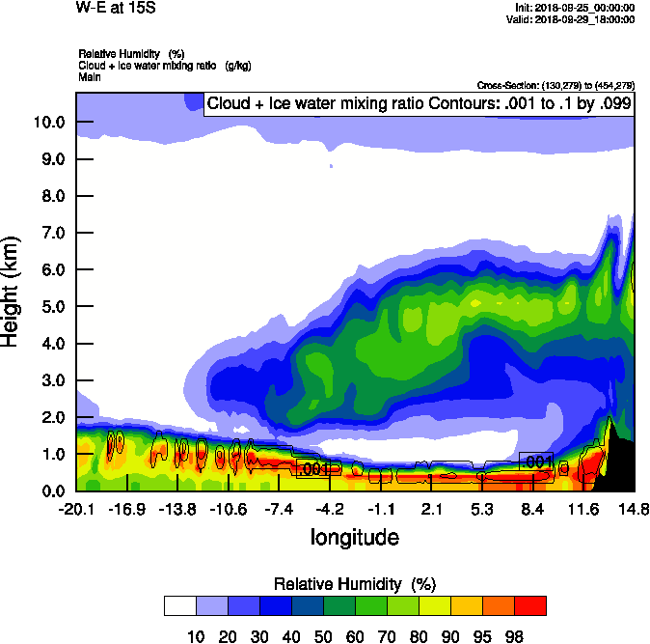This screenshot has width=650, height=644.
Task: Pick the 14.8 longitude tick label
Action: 634,509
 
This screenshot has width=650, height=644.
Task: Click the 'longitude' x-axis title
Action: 355,536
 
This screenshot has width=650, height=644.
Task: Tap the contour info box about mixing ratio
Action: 419,104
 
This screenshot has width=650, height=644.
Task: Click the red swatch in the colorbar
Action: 529,605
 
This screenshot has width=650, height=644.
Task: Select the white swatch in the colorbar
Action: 180,605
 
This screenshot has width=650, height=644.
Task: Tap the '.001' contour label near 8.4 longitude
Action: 536,462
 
